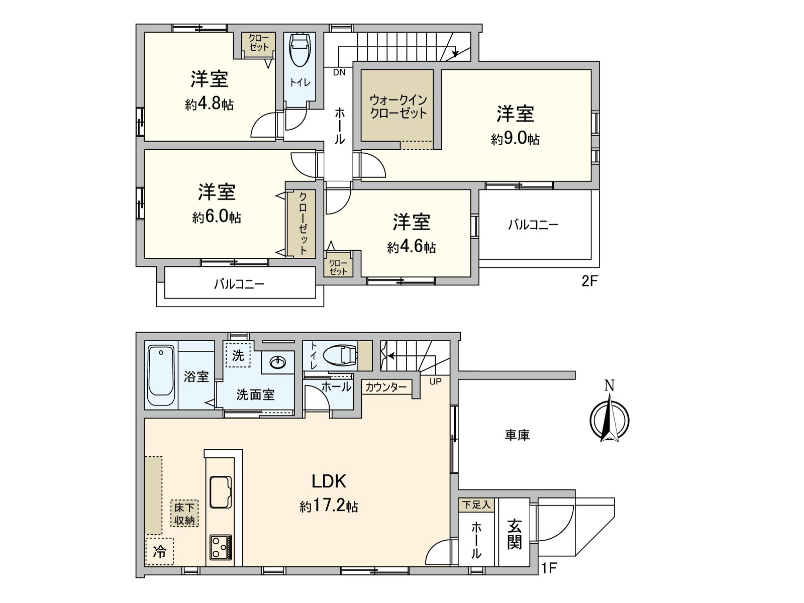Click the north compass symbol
[x=609, y=420]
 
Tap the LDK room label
[x=329, y=481]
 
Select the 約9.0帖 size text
[x=515, y=138]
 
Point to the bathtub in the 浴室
[x=161, y=376]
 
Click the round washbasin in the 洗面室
[x=278, y=363]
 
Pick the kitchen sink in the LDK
[x=221, y=492]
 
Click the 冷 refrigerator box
[x=159, y=551]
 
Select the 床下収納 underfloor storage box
[x=184, y=513]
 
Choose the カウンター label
[x=386, y=387]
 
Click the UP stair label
[x=436, y=381]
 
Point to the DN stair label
[x=339, y=72]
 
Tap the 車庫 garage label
[x=517, y=435]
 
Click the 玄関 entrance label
[x=514, y=534]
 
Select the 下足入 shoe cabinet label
[x=476, y=505]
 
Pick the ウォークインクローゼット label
[x=398, y=106]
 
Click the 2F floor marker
[x=590, y=281]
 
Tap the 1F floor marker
[x=549, y=568]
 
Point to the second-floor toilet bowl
[x=300, y=50]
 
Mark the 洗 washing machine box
[x=238, y=355]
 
